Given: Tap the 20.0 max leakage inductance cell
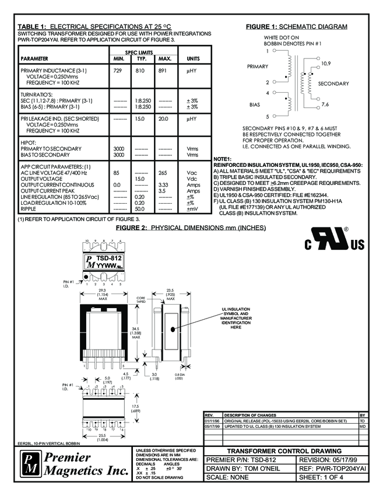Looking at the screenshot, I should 164,118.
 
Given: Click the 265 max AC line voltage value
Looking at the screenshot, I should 164,173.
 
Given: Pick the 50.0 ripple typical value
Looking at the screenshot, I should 140,208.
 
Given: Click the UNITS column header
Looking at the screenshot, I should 193,59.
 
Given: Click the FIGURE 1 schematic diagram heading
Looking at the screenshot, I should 297,27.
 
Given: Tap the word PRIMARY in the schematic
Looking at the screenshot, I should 258,67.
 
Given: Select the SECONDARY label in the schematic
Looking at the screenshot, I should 333,83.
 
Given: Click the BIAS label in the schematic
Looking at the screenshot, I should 254,104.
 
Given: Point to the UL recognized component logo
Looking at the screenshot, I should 330,240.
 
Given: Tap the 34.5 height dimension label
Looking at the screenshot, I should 135,330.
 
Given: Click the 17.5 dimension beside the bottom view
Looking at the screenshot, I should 135,408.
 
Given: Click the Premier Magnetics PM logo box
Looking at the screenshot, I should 30,464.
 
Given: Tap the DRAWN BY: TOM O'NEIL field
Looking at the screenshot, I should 242,468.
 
